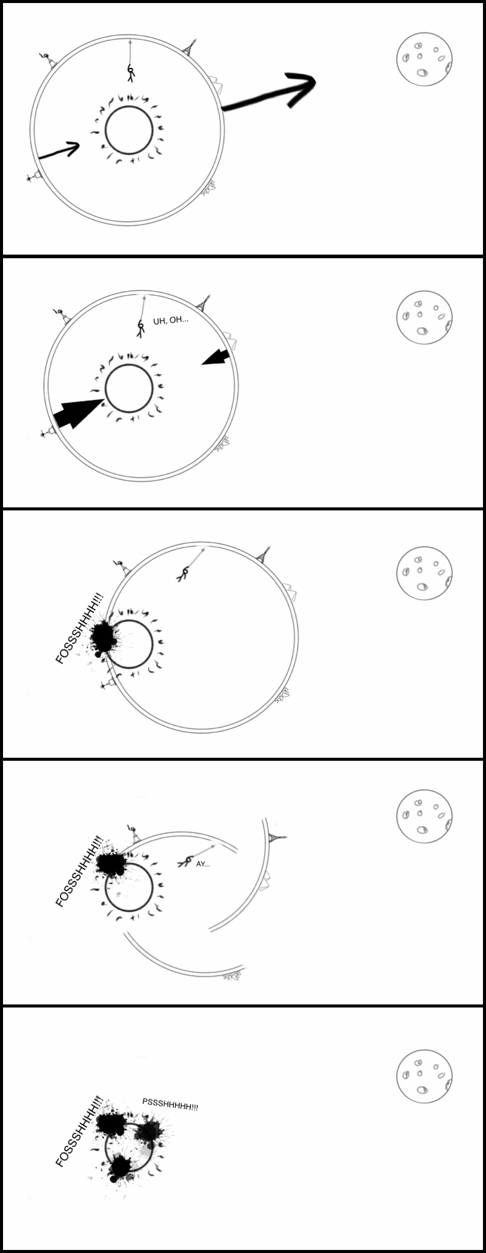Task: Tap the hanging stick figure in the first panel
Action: point(130,73)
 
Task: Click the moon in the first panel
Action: point(425,59)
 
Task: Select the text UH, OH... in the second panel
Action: point(170,320)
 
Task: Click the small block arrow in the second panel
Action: point(216,358)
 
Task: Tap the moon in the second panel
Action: point(425,316)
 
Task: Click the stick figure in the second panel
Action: point(141,328)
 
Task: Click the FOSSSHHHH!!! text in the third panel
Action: point(79,629)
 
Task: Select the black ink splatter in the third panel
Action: point(104,637)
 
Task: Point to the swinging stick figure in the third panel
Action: point(183,573)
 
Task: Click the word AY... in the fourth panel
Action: point(203,864)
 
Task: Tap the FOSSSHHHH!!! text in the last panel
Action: point(79,1131)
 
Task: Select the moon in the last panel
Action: point(425,1077)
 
